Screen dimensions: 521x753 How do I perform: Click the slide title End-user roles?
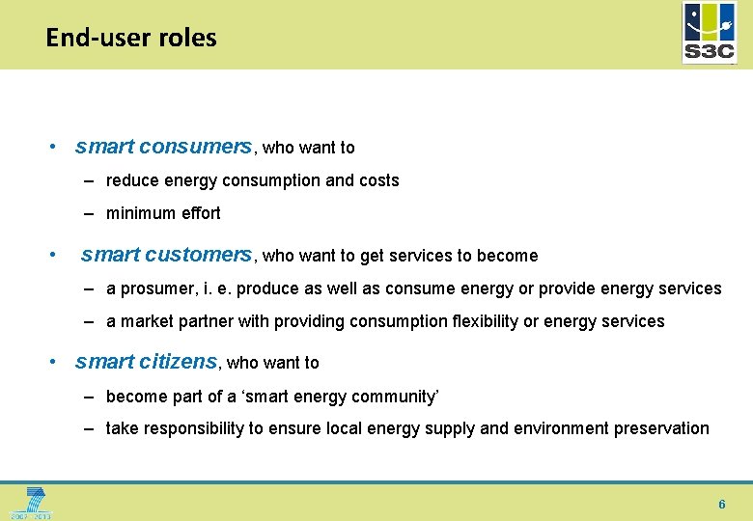[131, 38]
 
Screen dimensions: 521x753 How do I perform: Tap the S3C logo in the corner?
[709, 33]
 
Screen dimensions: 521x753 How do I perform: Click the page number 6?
[721, 505]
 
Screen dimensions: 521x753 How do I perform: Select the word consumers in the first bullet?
[195, 147]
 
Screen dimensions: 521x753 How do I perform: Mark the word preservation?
[661, 428]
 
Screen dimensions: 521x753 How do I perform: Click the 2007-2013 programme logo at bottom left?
[29, 503]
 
